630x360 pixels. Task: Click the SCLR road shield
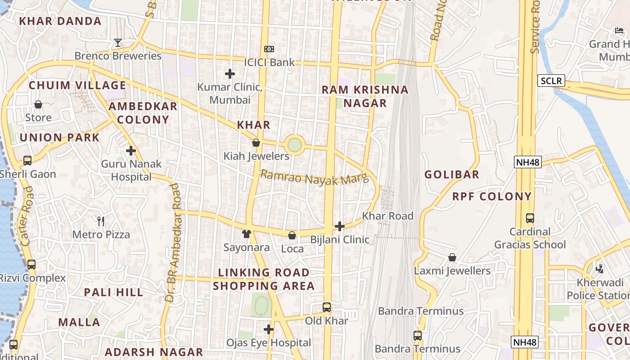pos(551,81)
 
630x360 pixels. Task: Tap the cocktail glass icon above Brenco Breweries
pos(118,43)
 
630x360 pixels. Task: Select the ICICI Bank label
pos(270,63)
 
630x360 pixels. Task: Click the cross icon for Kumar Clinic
pos(230,73)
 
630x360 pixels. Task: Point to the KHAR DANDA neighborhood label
pos(60,21)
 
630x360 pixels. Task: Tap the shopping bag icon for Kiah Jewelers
pos(256,143)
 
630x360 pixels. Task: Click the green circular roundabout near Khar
pos(294,145)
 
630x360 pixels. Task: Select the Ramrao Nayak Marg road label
pos(315,178)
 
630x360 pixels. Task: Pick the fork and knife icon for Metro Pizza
pos(101,221)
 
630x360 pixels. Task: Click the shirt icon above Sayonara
pos(247,234)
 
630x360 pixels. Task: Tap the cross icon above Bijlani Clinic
pos(340,226)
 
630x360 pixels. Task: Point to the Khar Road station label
pos(387,216)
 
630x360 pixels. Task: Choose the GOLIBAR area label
pos(452,175)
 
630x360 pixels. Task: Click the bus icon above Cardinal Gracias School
pos(530,218)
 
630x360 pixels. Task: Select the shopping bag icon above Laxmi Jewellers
pos(452,257)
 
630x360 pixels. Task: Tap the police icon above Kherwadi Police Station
pos(599,269)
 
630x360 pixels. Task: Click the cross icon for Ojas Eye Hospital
pos(269,329)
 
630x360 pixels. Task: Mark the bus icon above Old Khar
pos(327,307)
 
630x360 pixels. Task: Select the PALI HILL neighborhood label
pos(113,292)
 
